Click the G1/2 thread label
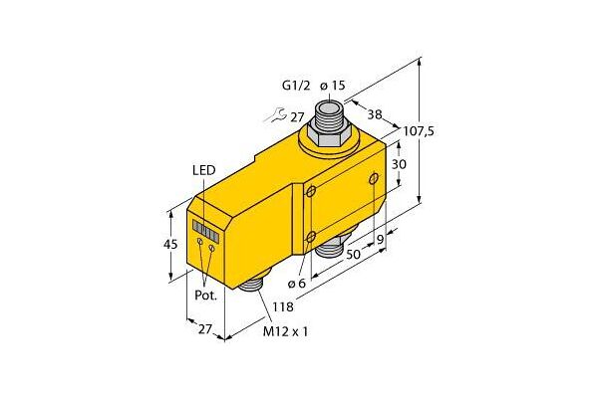coord(296,86)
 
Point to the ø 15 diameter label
coord(333,86)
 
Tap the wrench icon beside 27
coord(275,115)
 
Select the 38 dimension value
coord(375,114)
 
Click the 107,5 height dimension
coord(419,131)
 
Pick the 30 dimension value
coord(399,164)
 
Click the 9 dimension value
coord(380,240)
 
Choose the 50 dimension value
coord(353,254)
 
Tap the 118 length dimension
coord(283,306)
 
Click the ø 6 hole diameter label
coord(297,284)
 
